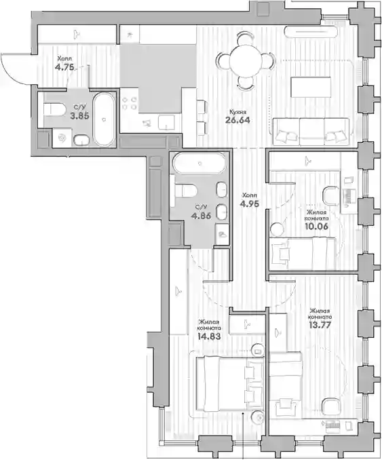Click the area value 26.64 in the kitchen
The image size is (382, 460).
(x=237, y=119)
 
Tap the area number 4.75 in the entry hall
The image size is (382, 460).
(x=64, y=67)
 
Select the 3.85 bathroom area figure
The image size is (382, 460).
(x=79, y=115)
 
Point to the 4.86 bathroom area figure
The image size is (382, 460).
(x=201, y=216)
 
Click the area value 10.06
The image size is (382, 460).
(x=316, y=226)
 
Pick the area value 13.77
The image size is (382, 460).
(x=320, y=325)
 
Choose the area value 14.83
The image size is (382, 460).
(x=209, y=337)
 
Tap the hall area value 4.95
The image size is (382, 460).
(x=250, y=204)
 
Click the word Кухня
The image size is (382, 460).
(x=237, y=112)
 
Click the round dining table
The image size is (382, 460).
(x=246, y=61)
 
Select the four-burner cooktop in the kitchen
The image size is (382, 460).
(x=130, y=103)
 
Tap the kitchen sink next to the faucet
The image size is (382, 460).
(x=166, y=122)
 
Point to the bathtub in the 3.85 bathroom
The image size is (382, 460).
(x=104, y=119)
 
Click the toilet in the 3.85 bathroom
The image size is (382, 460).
(x=54, y=109)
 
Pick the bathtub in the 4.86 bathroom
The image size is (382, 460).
(x=199, y=164)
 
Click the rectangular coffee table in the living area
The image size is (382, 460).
(x=311, y=87)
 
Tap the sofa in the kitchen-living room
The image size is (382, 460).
(x=311, y=132)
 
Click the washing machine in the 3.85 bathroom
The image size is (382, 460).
(x=62, y=138)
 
